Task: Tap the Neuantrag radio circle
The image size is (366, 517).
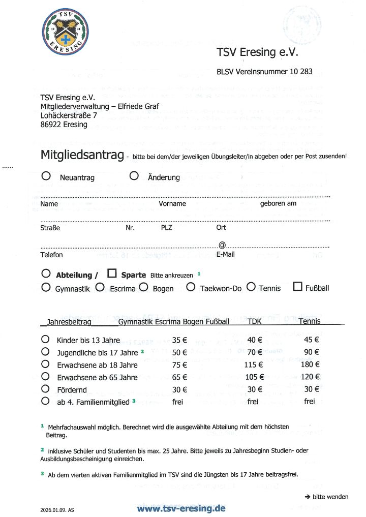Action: (46, 176)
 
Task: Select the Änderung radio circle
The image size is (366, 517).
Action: (134, 176)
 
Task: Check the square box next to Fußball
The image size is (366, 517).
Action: (298, 287)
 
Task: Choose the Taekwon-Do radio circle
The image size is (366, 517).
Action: (191, 287)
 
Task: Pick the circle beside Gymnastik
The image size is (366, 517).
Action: (46, 287)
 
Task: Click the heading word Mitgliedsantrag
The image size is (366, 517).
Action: (81, 155)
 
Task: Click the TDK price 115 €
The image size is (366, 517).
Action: (253, 364)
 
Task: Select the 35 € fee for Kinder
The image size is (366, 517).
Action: (179, 340)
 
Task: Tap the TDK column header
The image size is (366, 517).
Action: (254, 321)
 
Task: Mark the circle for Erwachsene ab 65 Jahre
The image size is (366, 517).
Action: (46, 377)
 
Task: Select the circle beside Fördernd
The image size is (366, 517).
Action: (46, 389)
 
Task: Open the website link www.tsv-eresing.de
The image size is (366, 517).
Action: (181, 508)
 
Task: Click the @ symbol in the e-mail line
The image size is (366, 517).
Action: (222, 245)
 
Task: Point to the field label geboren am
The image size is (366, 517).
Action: (278, 204)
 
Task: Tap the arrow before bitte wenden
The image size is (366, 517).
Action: (308, 497)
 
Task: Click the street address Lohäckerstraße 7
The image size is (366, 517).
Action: (69, 115)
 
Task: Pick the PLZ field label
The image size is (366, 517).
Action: (167, 228)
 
